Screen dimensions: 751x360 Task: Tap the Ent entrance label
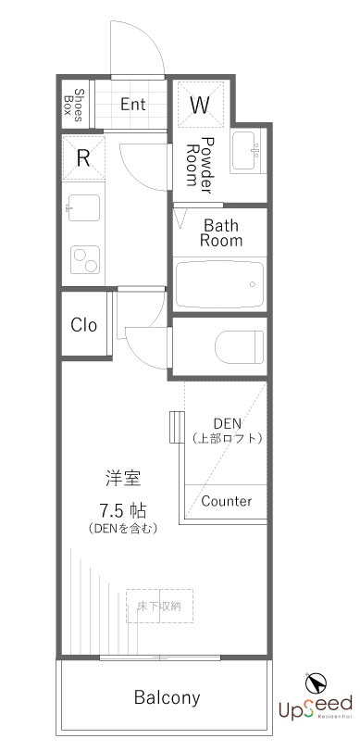[132, 104]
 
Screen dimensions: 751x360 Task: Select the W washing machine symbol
[200, 105]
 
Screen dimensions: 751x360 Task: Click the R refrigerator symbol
[83, 157]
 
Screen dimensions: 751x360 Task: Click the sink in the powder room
[247, 152]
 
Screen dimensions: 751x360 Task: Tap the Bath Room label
[222, 232]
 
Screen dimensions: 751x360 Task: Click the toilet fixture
[239, 348]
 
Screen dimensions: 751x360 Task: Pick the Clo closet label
[84, 325]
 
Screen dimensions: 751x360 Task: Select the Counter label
[227, 501]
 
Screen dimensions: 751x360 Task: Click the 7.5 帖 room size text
[124, 510]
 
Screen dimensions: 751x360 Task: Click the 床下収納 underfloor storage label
[159, 607]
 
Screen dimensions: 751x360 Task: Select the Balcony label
[167, 697]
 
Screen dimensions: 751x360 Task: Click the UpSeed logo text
[316, 707]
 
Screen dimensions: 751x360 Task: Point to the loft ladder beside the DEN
[173, 428]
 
